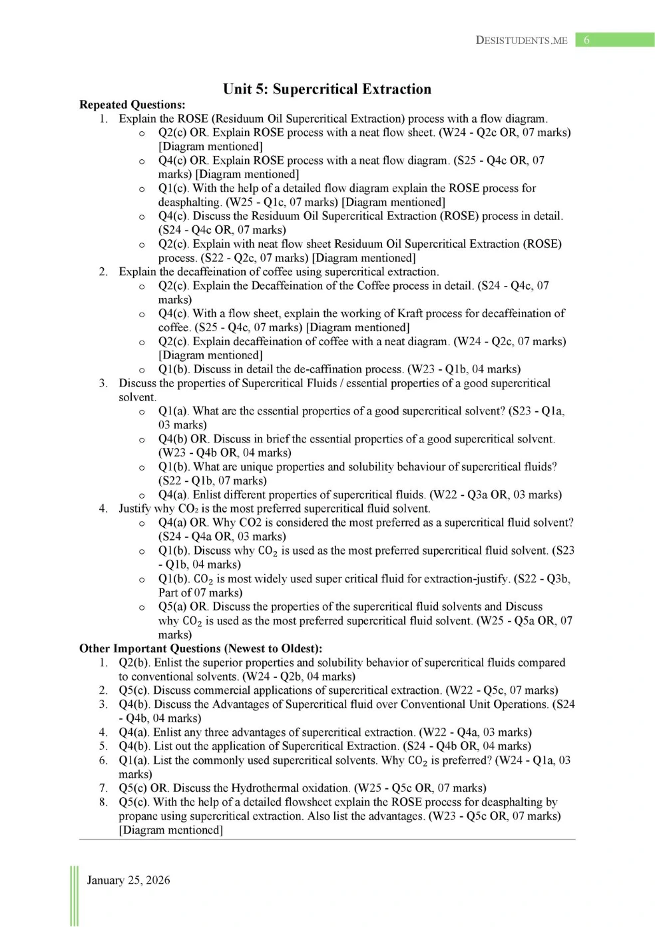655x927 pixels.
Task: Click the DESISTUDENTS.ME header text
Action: pyautogui.click(x=521, y=40)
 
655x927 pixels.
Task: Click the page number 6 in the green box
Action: pyautogui.click(x=586, y=40)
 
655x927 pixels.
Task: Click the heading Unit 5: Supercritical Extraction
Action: pyautogui.click(x=327, y=89)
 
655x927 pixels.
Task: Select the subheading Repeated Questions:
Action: pyautogui.click(x=132, y=105)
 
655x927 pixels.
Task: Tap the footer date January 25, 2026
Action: pyautogui.click(x=128, y=880)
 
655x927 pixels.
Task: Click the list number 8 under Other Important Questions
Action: pyautogui.click(x=103, y=802)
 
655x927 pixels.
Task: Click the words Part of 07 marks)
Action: pyautogui.click(x=200, y=592)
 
